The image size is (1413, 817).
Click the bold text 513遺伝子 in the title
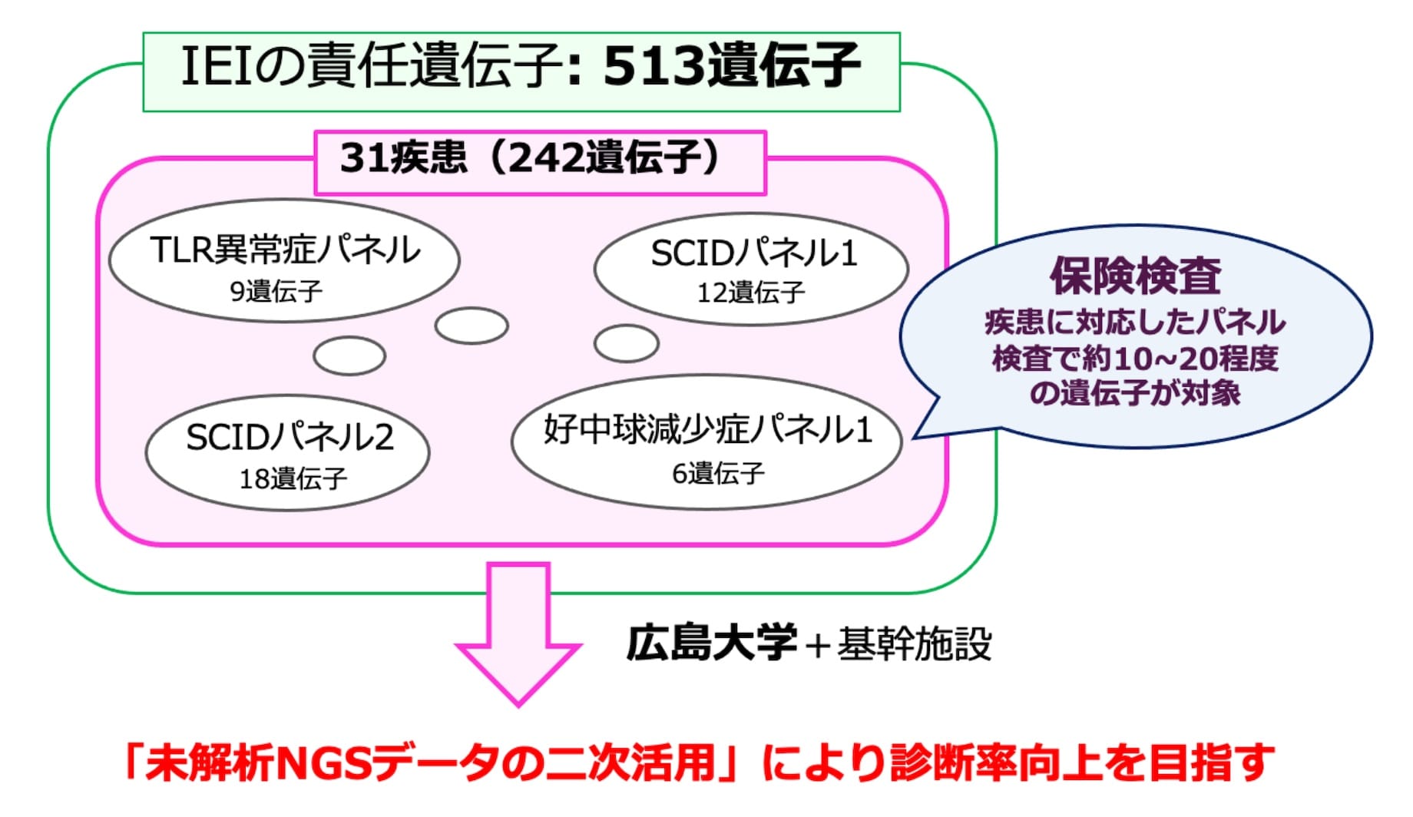(x=731, y=67)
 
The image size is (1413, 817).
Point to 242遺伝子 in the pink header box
(x=604, y=158)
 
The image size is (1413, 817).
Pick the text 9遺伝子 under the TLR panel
(x=276, y=291)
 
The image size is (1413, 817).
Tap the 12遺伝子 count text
(x=750, y=293)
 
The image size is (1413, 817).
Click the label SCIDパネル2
(x=290, y=438)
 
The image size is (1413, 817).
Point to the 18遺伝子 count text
(x=293, y=479)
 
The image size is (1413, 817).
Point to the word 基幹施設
(x=915, y=643)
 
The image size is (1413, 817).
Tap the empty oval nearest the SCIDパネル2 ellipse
(x=349, y=356)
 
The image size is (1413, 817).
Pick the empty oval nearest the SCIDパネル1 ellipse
(x=627, y=343)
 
